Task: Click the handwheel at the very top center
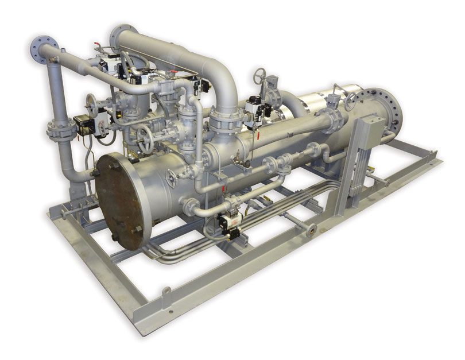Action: click(261, 75)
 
